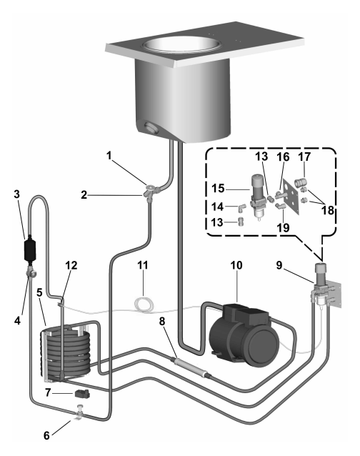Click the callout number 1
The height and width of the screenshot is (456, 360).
pos(109,156)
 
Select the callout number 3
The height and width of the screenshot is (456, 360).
pos(16,194)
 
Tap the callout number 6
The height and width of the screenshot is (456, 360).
pos(46,435)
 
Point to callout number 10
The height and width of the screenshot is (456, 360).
pos(236,265)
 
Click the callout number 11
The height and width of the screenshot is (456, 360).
pos(143,265)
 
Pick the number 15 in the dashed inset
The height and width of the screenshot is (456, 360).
pos(218,188)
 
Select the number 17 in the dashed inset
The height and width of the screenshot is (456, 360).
pos(304,157)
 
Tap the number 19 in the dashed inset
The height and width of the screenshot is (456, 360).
pos(283,227)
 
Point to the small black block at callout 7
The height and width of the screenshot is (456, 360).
pos(82,394)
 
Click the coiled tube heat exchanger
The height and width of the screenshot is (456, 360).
pos(66,353)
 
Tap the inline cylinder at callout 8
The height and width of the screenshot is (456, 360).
pos(191,367)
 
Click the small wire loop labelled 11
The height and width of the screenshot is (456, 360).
pos(144,304)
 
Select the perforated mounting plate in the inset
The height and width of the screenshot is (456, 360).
pos(291,197)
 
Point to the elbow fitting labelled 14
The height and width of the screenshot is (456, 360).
pos(241,208)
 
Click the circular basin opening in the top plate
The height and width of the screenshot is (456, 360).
pos(181,45)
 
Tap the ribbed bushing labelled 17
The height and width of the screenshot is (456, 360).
pos(301,183)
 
